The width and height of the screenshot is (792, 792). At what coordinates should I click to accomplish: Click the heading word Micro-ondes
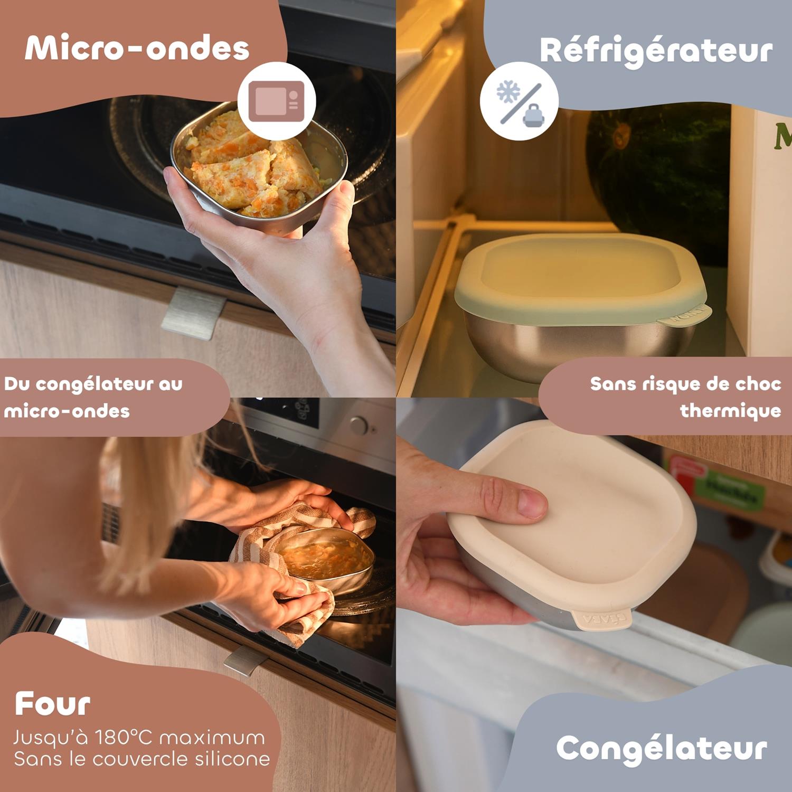click(137, 49)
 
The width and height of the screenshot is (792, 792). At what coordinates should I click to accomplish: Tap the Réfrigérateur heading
click(656, 51)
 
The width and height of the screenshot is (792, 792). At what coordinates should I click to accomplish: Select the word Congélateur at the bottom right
click(662, 749)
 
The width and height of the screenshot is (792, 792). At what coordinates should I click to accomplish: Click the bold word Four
click(52, 704)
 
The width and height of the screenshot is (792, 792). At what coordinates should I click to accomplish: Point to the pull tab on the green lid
click(684, 317)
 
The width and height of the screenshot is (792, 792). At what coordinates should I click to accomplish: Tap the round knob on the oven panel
click(359, 426)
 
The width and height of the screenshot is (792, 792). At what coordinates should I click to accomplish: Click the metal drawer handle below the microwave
click(193, 313)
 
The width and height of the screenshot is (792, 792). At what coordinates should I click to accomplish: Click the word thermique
click(731, 411)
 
